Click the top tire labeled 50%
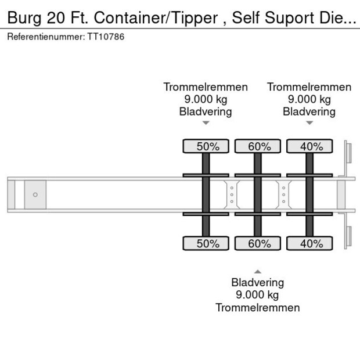coord(206,146)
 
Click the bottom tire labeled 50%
coord(206,243)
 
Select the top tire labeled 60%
coord(257,146)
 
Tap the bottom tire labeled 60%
coord(257,243)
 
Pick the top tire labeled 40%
coord(309,146)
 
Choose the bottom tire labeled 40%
coord(309,243)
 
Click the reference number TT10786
coord(106,37)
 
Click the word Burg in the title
coord(24,19)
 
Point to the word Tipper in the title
coord(199,19)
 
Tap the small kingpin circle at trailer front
coord(35,195)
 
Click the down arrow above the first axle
coord(206,123)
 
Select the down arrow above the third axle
coord(309,123)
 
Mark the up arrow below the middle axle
coord(257,271)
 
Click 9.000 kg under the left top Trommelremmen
coord(206,99)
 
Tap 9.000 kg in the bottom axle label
coord(257,295)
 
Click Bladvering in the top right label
coord(309,111)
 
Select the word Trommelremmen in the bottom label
coord(257,307)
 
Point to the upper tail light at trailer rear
coord(348,154)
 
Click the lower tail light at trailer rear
coord(348,236)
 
